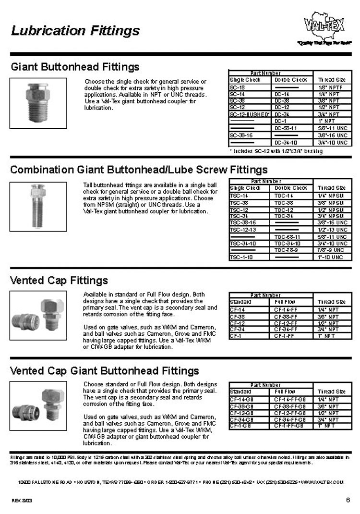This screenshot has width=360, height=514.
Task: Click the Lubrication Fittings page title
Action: pyautogui.click(x=75, y=31)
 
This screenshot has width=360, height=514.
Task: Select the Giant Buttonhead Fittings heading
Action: pyautogui.click(x=75, y=66)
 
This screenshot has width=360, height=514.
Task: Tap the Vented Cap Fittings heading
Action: pyautogui.click(x=59, y=280)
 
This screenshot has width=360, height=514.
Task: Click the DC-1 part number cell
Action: pyautogui.click(x=280, y=121)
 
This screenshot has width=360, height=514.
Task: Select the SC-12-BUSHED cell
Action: pyautogui.click(x=250, y=114)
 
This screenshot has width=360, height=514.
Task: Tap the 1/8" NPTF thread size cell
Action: pyautogui.click(x=329, y=88)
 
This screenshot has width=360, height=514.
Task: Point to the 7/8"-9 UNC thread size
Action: pyautogui.click(x=330, y=250)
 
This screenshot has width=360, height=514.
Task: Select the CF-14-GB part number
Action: pyautogui.click(x=242, y=400)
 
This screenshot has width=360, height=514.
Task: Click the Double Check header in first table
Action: pyautogui.click(x=291, y=80)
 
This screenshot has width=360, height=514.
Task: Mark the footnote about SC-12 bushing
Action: pyautogui.click(x=276, y=151)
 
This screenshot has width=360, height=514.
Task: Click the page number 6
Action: pyautogui.click(x=348, y=500)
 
